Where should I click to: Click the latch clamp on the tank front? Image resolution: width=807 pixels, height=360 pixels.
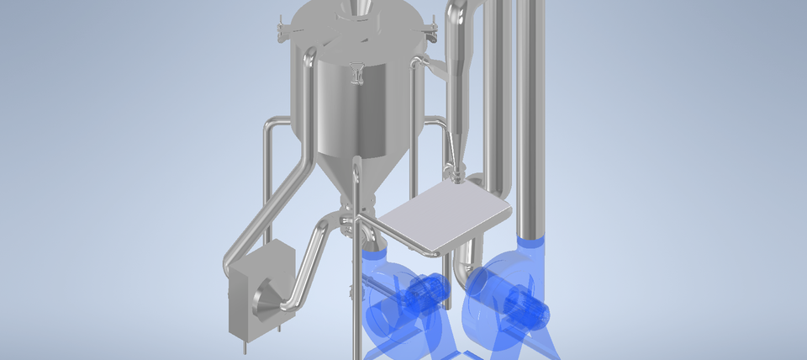pyautogui.click(x=357, y=74)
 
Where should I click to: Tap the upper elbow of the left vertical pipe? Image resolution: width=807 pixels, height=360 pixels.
pyautogui.click(x=271, y=126)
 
